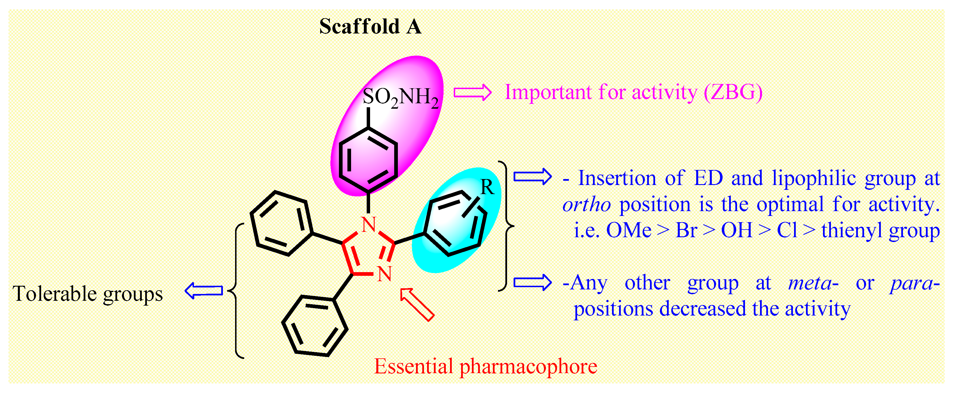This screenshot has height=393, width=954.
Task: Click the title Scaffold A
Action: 370,27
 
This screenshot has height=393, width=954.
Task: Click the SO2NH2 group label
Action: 400,97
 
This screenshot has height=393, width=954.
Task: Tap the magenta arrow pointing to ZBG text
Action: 472,92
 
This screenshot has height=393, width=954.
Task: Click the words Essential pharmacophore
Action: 485,367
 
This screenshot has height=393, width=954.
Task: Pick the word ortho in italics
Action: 586,205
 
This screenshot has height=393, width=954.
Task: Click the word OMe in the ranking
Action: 628,230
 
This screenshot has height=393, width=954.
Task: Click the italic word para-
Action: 915,284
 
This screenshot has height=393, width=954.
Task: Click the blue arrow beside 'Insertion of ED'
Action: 532,177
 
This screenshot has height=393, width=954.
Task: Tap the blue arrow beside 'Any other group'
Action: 532,283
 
